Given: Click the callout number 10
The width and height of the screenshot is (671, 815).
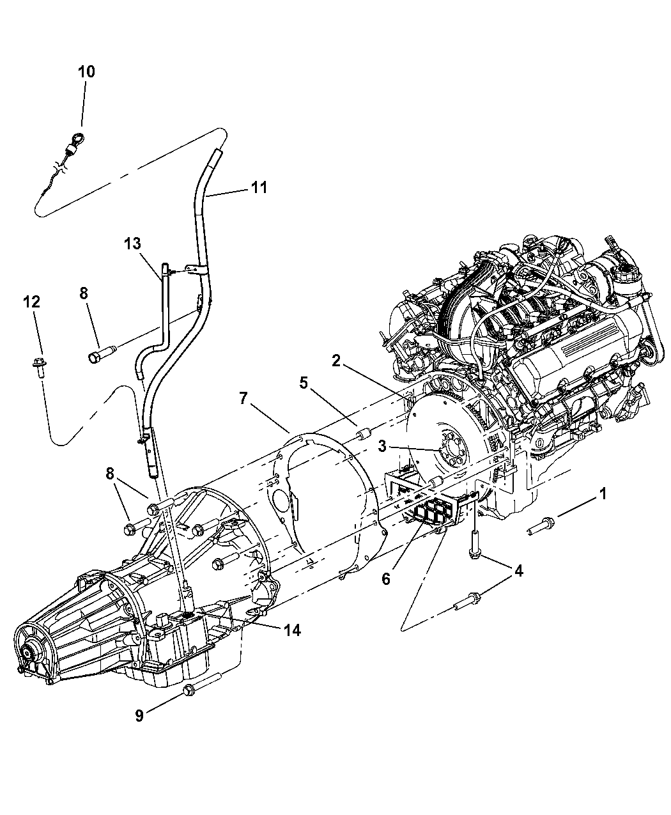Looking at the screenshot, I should tap(86, 71).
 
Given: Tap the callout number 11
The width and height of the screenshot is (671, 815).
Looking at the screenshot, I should tap(258, 187).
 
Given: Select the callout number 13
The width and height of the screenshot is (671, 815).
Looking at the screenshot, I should tap(132, 244).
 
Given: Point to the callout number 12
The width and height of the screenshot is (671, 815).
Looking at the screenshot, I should tap(32, 301).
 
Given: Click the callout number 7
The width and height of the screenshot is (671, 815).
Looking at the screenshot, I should tap(243, 398).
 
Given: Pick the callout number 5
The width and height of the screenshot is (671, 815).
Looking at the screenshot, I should tap(304, 383).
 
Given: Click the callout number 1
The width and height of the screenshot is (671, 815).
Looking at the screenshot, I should tap(603, 493).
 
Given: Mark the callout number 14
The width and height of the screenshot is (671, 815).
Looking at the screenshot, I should tap(293, 630).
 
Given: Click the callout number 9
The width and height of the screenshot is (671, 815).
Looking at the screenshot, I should tap(139, 715).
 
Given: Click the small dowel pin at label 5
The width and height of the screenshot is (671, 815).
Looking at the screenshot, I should tap(362, 435).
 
